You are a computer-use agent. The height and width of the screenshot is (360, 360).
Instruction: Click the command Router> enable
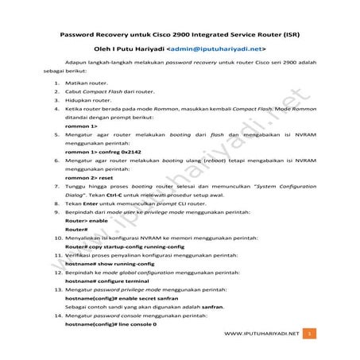point(87,221)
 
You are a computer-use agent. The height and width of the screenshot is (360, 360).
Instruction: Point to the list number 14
point(58,315)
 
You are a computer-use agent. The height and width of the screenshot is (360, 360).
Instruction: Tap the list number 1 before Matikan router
point(56,82)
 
